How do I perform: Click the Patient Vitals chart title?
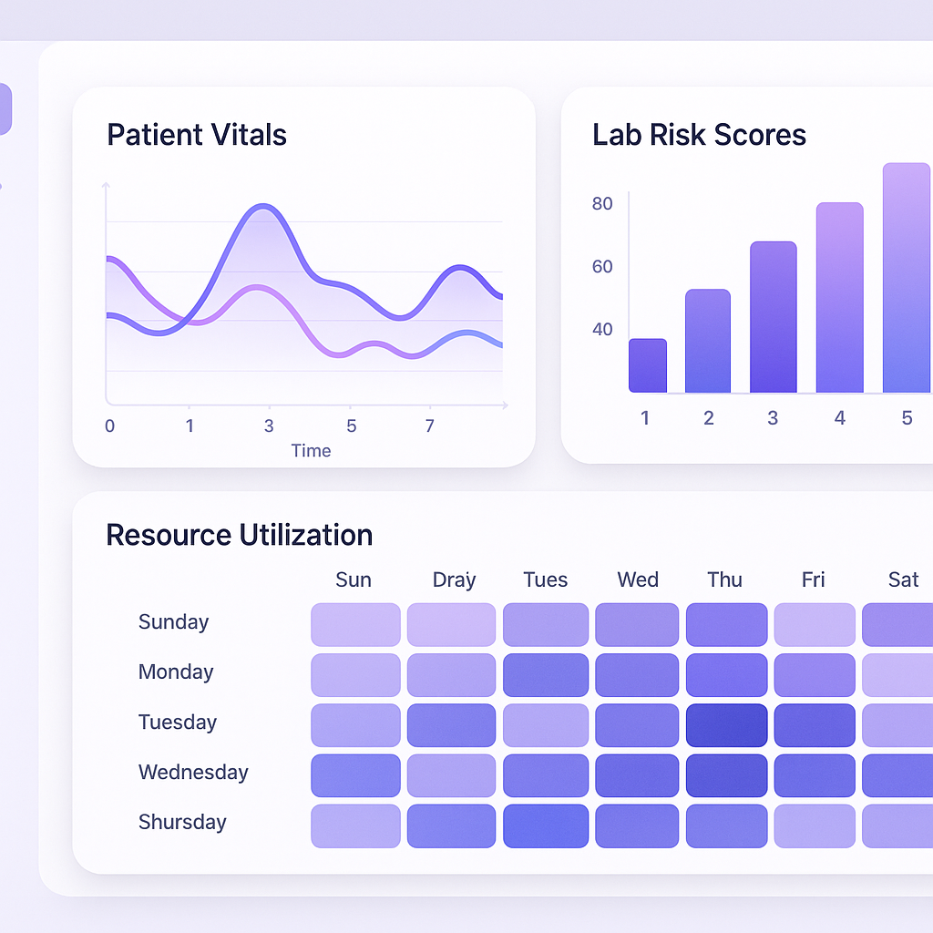pos(197,135)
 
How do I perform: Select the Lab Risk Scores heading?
pos(699,135)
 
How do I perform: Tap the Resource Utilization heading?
pos(239,535)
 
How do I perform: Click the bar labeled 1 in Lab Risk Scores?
pos(648,365)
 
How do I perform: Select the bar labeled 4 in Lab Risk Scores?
pos(839,298)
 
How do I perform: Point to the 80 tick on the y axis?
pos(602,203)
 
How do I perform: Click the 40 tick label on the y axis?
pos(602,329)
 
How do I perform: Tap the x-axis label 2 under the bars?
pos(708,418)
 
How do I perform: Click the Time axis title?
pos(311,451)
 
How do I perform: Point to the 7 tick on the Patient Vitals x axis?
pos(430,425)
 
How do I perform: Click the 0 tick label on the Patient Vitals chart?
pos(110,425)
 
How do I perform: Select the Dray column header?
pos(454,579)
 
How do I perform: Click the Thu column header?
pos(725,579)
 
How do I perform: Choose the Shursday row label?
pos(182,822)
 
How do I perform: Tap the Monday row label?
pos(176,672)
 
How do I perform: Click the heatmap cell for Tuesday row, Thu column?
pos(726,725)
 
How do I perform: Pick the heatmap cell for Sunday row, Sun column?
pos(355,625)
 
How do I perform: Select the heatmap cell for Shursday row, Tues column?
pos(545,825)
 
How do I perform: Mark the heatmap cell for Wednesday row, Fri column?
pos(815,775)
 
